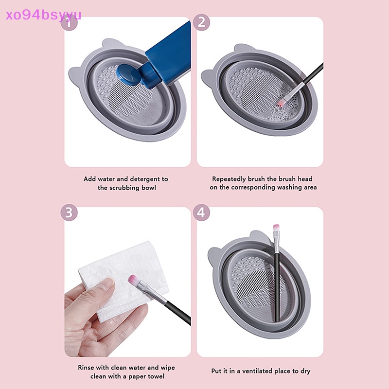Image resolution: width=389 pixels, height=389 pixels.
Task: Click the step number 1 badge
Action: (x=71, y=23)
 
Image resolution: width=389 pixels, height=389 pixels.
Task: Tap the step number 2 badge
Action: (x=201, y=22)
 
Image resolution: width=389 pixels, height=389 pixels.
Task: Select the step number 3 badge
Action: (x=69, y=212)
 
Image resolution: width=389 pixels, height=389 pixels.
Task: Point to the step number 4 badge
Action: (x=201, y=212)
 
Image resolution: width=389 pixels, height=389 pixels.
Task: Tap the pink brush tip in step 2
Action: (x=281, y=103)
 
